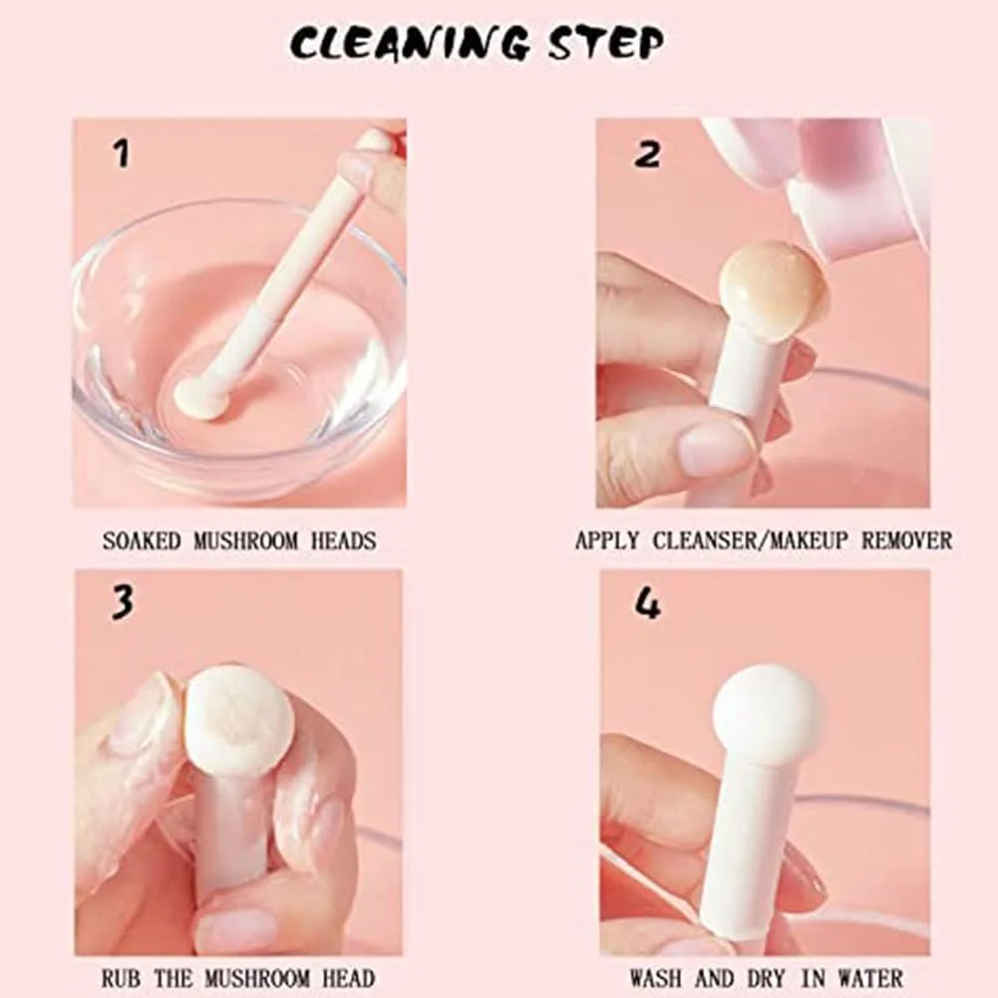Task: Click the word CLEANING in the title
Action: pos(409,43)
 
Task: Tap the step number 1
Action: pos(121,154)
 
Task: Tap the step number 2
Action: pos(647,154)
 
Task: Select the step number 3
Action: pos(123,602)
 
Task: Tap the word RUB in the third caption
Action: pos(121,978)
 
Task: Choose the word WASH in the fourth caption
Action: pos(656,978)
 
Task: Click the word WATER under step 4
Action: pos(870,978)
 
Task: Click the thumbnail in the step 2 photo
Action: pos(714,448)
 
